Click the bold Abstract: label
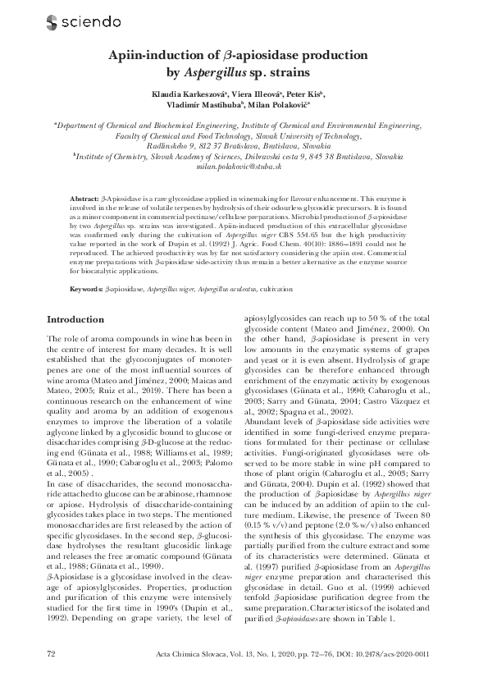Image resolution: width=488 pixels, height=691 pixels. pyautogui.click(x=83, y=200)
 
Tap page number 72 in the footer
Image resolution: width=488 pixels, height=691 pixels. pyautogui.click(x=52, y=653)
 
